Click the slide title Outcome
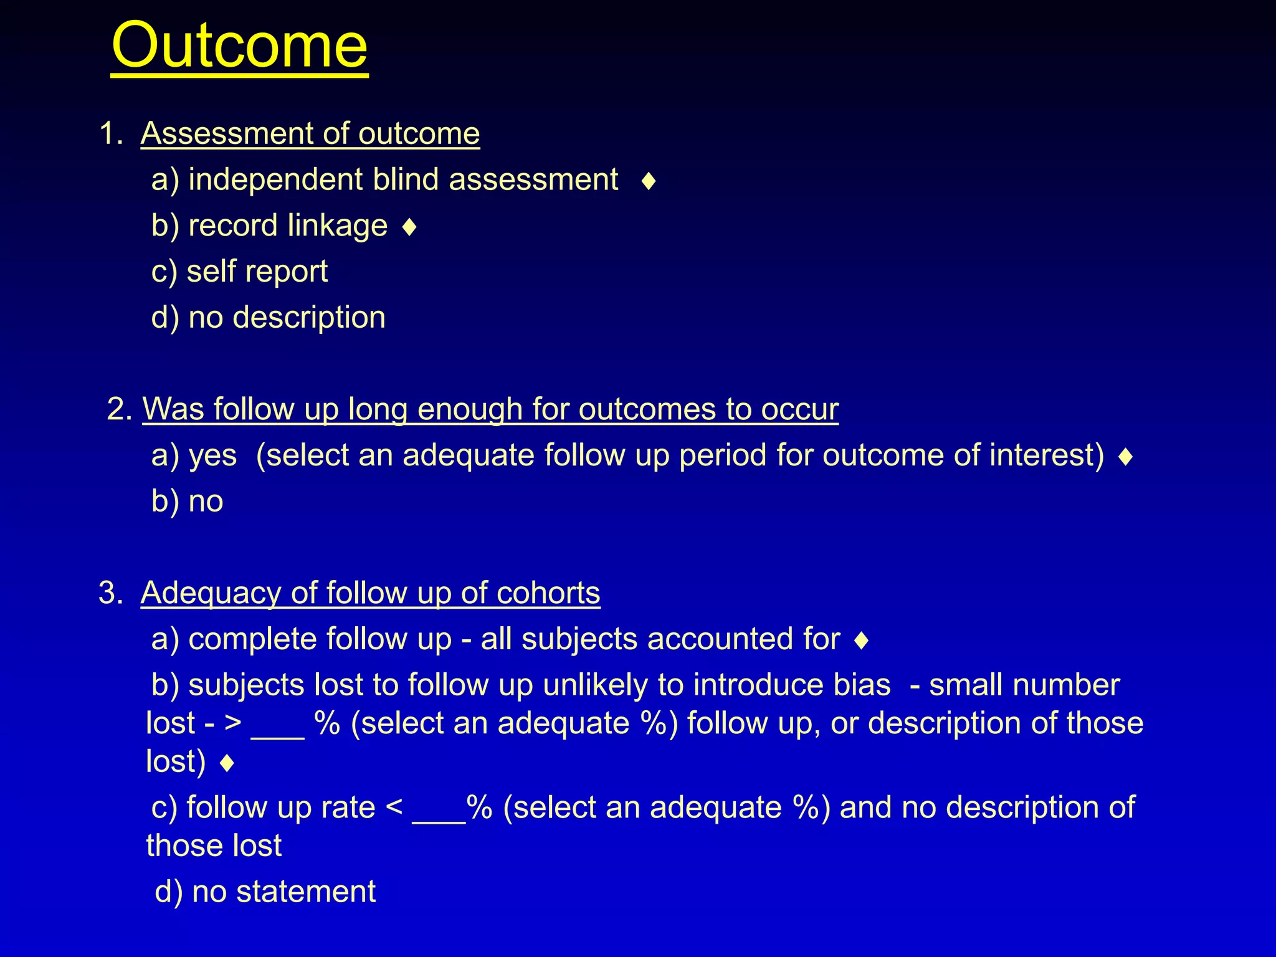pos(240,46)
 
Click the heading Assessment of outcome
pos(310,133)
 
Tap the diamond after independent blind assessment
pos(649,181)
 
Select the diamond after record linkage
pos(409,227)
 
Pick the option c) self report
pos(240,272)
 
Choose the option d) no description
pos(269,317)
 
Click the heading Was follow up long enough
pos(490,409)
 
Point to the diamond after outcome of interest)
pos(1125,457)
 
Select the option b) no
pos(188,502)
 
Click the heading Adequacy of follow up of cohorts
pos(370,593)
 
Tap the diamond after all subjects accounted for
pos(862,640)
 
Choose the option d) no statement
pos(265,892)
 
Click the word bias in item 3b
pos(862,685)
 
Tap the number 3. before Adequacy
pos(110,593)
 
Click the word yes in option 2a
pos(212,456)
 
